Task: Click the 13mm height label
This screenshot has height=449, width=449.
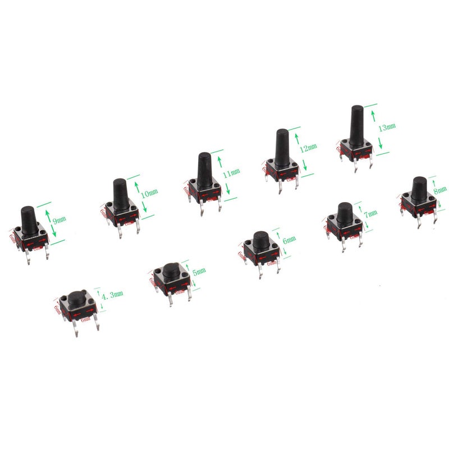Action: point(386,128)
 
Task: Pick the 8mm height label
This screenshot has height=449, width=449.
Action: point(441,191)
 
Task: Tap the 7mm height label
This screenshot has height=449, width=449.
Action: point(371,214)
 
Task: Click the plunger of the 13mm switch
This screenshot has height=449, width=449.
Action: point(356,124)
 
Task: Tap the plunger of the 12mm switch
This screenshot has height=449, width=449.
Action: point(282,148)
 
